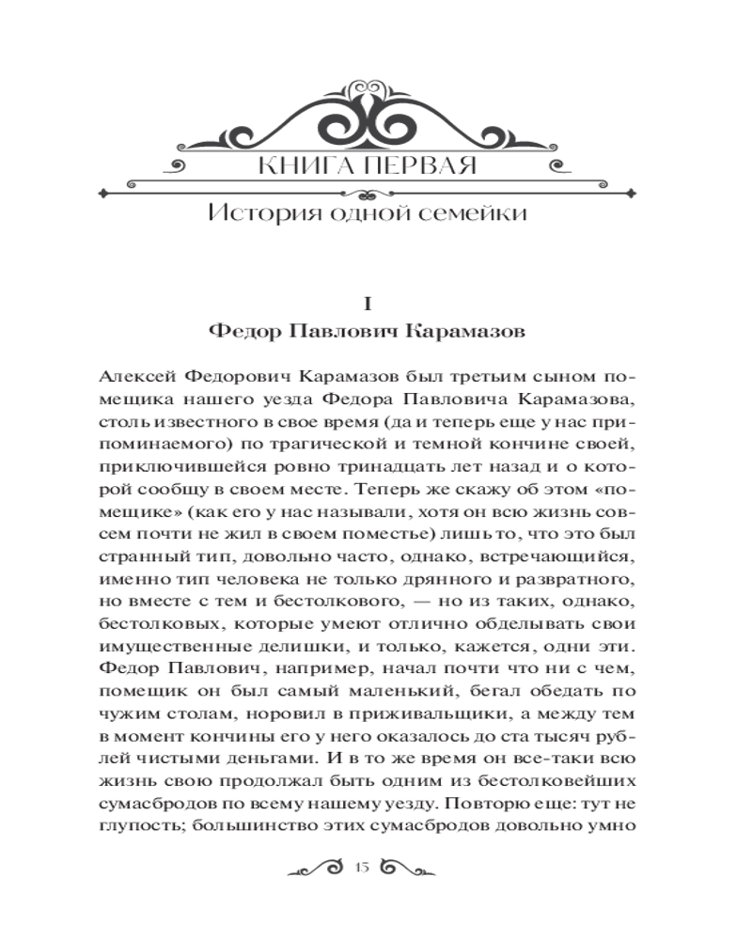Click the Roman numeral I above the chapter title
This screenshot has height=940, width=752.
pos(368,304)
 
